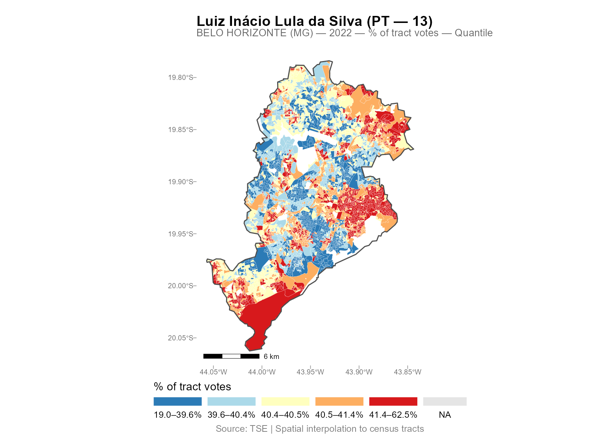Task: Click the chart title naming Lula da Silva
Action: click(314, 21)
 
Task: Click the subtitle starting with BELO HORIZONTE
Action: click(344, 33)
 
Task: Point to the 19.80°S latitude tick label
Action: click(180, 78)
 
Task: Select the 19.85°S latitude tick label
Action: click(180, 130)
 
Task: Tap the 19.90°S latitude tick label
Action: click(180, 182)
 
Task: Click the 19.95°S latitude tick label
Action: click(180, 234)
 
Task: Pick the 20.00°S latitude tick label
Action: click(180, 286)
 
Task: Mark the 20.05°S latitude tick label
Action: click(180, 338)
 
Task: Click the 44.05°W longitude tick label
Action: click(213, 372)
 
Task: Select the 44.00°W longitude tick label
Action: click(262, 372)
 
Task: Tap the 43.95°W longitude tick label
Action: click(310, 372)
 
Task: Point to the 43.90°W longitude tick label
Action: click(359, 372)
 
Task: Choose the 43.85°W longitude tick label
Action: click(407, 372)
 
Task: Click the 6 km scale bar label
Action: click(271, 357)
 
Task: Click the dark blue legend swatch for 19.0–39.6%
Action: click(178, 401)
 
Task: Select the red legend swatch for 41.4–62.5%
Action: click(393, 401)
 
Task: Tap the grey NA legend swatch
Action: click(445, 401)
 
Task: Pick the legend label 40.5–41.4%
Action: click(339, 415)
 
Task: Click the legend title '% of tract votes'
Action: click(192, 387)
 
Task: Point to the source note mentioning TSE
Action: click(320, 429)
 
